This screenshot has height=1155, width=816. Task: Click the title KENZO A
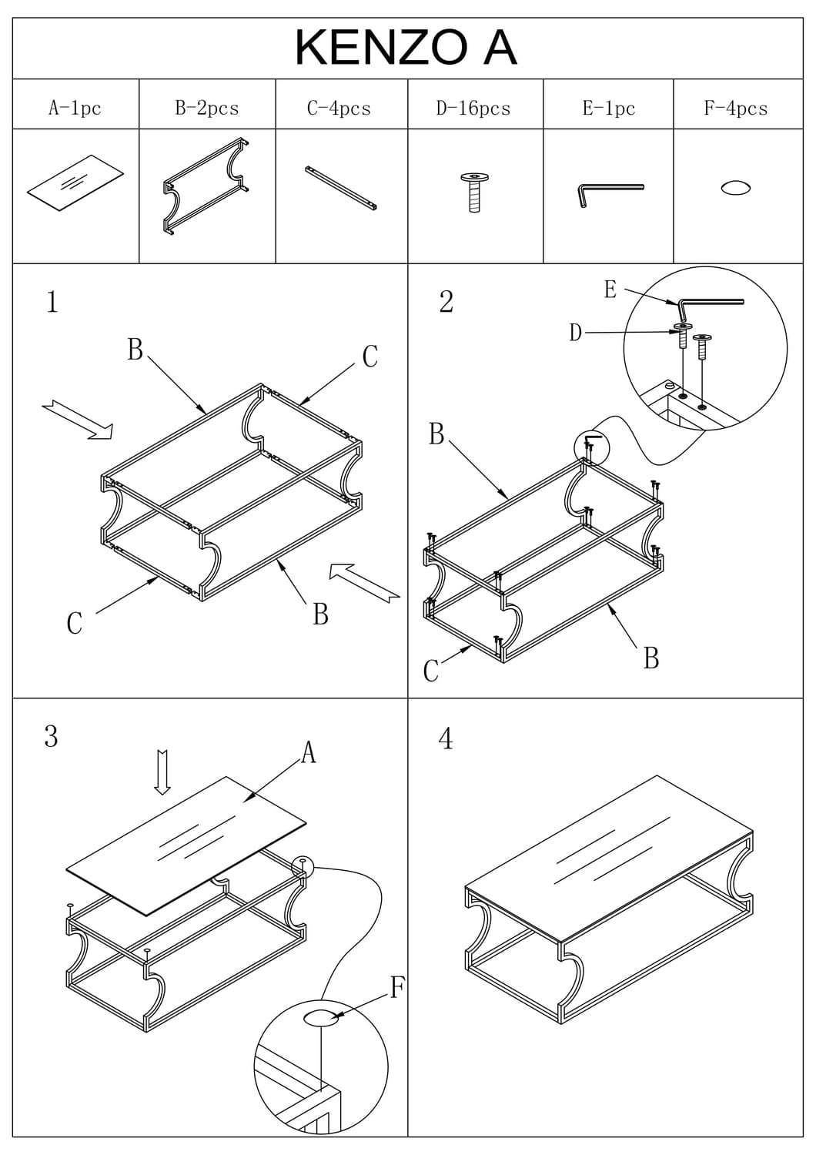406,47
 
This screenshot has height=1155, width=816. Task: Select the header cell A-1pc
75,108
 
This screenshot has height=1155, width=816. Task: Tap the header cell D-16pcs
473,108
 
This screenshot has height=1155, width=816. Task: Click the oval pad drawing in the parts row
735,188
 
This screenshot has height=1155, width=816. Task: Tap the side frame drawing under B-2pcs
206,186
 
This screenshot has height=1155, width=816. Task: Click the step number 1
52,302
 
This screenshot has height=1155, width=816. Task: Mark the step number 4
446,739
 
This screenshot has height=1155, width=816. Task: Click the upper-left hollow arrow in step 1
78,420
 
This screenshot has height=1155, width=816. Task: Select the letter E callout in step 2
610,290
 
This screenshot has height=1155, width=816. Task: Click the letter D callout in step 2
575,333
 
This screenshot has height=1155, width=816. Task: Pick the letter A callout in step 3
309,752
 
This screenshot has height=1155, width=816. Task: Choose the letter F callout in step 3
397,986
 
